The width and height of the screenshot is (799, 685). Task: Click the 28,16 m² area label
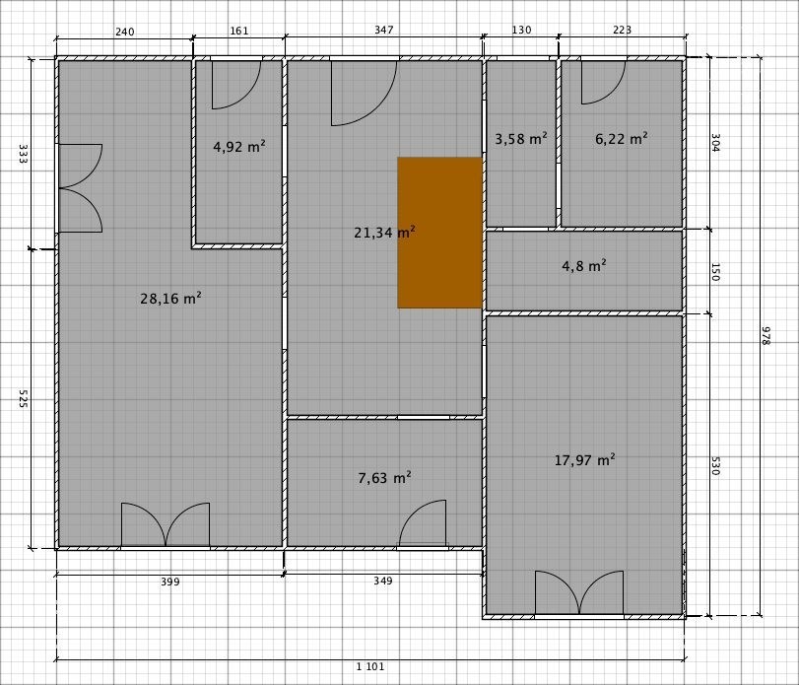pyautogui.click(x=170, y=299)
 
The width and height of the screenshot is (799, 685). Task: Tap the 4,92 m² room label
pyautogui.click(x=239, y=147)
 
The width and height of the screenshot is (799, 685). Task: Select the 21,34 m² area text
pyautogui.click(x=384, y=233)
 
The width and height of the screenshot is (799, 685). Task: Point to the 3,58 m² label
pyautogui.click(x=521, y=139)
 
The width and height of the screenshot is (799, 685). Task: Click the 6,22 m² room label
pyautogui.click(x=621, y=139)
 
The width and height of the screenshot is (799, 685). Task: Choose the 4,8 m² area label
pyautogui.click(x=584, y=266)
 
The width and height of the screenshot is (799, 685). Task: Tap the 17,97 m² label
pyautogui.click(x=584, y=460)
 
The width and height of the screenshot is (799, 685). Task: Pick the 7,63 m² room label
pyautogui.click(x=384, y=478)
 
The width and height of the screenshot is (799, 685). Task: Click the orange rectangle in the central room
pyautogui.click(x=439, y=233)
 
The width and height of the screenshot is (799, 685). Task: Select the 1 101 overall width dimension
pyautogui.click(x=370, y=666)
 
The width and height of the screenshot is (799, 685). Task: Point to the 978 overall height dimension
pyautogui.click(x=766, y=336)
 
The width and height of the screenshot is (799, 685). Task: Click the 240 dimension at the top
pyautogui.click(x=125, y=33)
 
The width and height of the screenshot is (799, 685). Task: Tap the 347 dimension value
pyautogui.click(x=383, y=31)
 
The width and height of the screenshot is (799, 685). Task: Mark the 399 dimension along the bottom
pyautogui.click(x=170, y=582)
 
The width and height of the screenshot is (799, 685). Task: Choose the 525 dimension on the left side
pyautogui.click(x=23, y=398)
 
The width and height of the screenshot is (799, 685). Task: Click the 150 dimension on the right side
pyautogui.click(x=714, y=272)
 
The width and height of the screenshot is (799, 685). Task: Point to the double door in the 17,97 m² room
pyautogui.click(x=579, y=591)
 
